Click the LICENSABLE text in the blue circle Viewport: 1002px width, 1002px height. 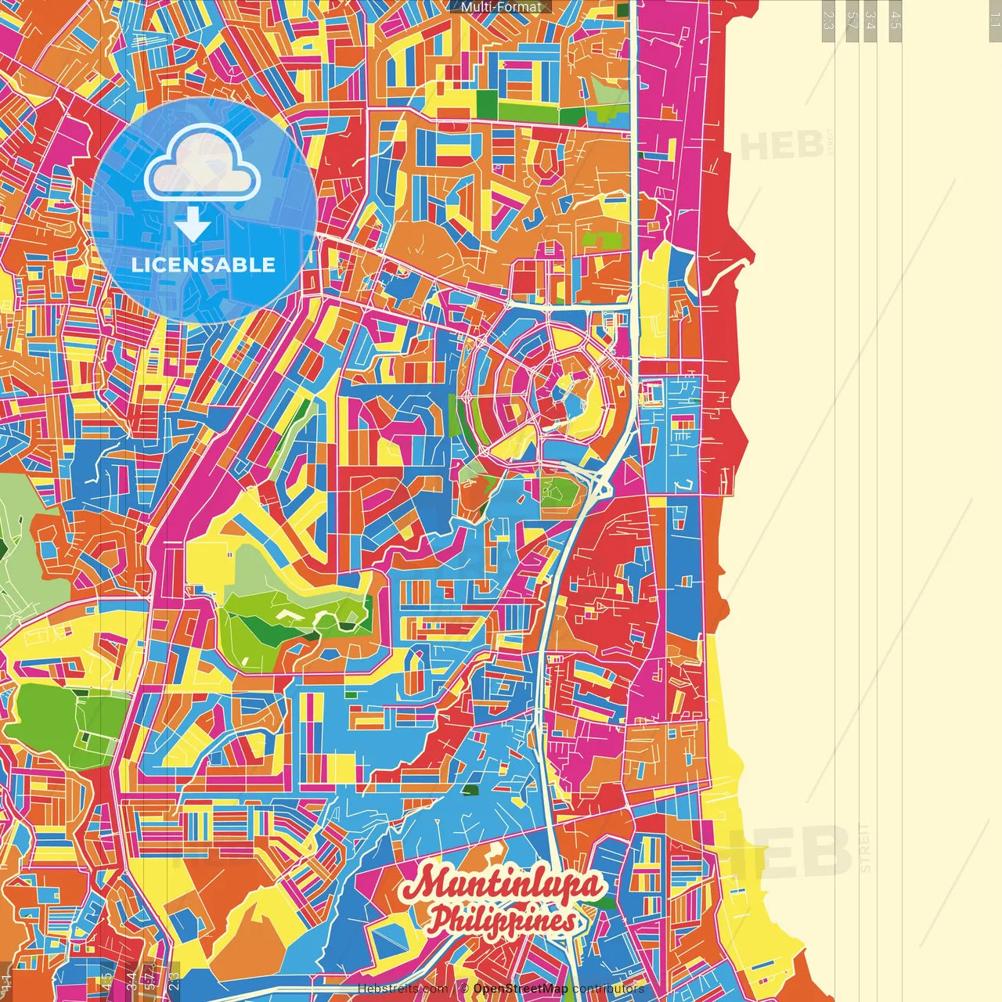(x=204, y=265)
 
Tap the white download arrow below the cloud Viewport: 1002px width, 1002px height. (x=193, y=224)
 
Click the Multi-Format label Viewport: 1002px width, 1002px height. (x=501, y=7)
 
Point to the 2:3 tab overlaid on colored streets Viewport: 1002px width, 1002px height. (x=174, y=980)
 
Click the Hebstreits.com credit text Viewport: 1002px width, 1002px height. (x=402, y=989)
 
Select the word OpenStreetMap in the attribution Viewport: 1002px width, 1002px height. (x=520, y=989)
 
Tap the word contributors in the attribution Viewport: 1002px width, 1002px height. (x=608, y=989)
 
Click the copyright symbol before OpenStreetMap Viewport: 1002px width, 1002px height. (x=463, y=989)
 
